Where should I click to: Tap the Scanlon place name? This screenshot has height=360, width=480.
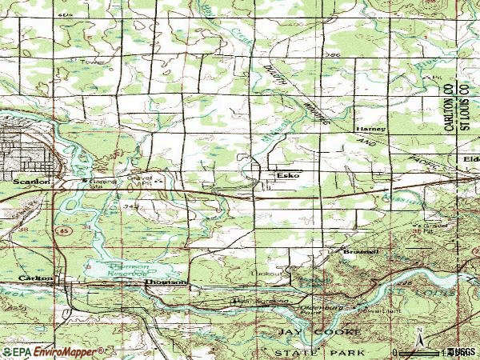click(x=32, y=182)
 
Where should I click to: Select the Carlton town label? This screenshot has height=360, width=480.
click(x=35, y=278)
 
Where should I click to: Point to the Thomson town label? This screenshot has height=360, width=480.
click(x=166, y=282)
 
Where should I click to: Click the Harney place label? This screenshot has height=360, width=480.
click(x=371, y=129)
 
